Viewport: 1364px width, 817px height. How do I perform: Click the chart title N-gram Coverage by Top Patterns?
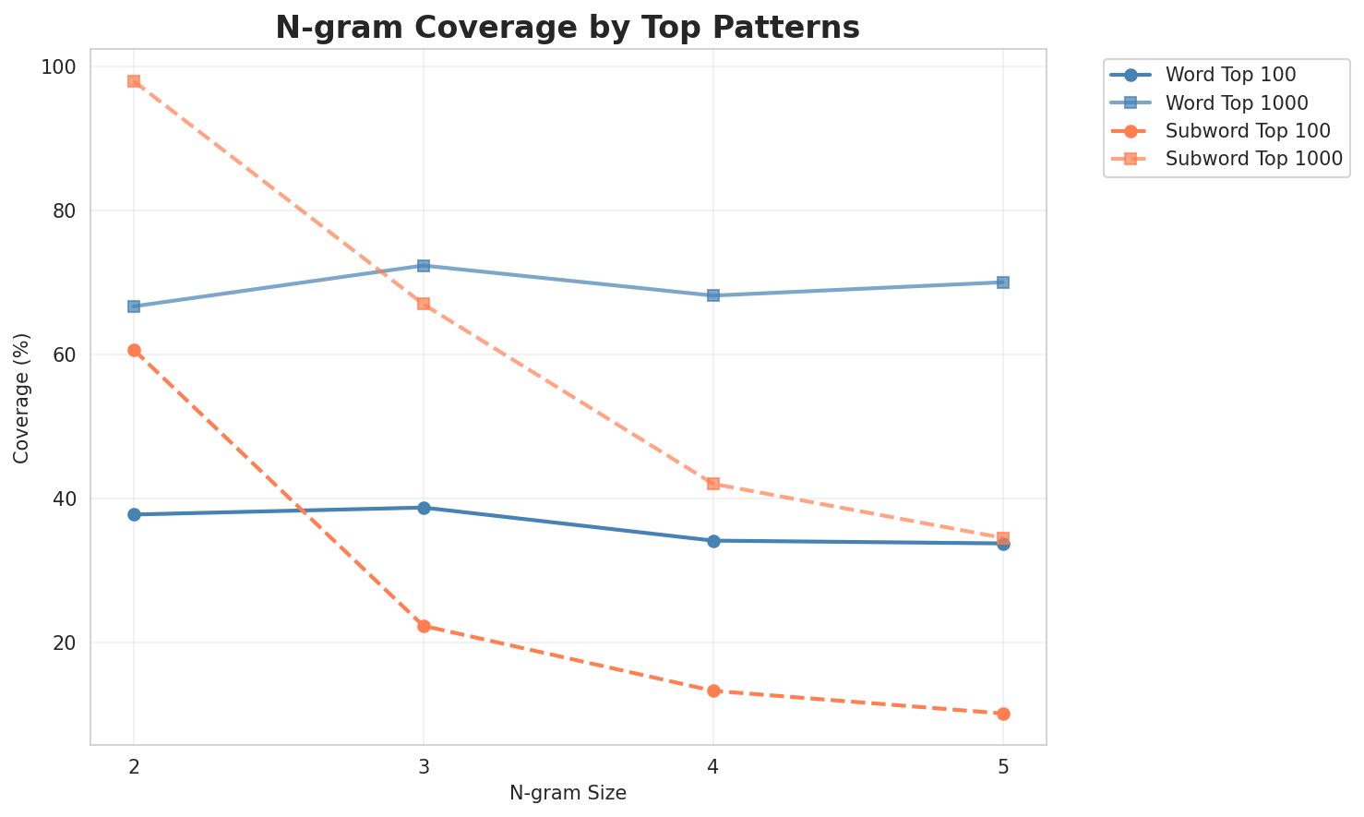[568, 28]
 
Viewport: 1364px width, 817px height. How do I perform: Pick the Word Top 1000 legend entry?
[1237, 102]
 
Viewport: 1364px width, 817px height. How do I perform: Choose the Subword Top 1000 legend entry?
[1253, 158]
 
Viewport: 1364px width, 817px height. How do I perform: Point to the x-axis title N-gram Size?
[568, 793]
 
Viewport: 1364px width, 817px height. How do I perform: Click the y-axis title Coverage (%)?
[21, 397]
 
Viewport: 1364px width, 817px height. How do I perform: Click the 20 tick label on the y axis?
[68, 643]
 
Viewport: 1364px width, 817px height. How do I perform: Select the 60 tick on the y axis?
[68, 355]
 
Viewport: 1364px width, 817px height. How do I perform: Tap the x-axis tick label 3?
[424, 767]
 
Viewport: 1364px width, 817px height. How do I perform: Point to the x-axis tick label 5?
[1003, 767]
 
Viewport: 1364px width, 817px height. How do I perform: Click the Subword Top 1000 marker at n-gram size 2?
[134, 81]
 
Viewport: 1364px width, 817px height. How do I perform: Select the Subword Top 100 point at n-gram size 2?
[134, 351]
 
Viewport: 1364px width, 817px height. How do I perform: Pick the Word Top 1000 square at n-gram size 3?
[424, 266]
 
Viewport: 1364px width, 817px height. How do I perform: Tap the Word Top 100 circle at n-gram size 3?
[424, 508]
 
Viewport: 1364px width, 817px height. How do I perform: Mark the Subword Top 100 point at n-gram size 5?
[1003, 714]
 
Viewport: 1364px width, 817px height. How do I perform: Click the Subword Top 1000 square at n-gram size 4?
[713, 484]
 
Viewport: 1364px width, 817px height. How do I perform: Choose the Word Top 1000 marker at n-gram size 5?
[1003, 282]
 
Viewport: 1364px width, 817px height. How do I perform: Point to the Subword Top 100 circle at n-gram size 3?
[424, 626]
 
